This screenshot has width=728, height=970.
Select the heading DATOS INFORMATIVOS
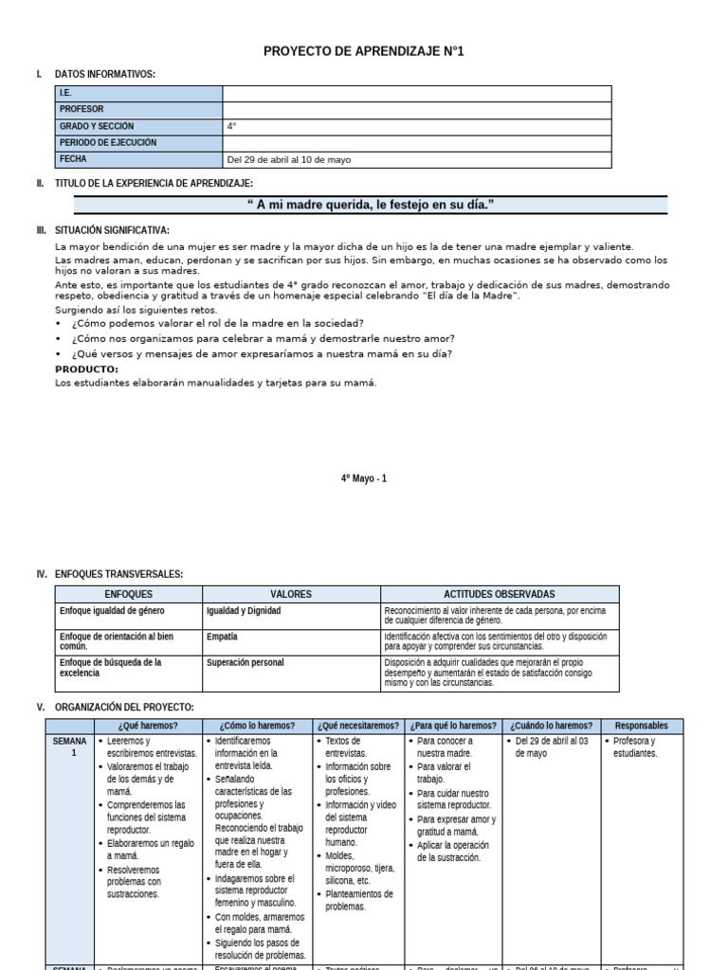[105, 74]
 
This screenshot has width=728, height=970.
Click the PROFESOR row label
[82, 109]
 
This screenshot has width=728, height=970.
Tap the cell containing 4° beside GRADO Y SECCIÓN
[231, 126]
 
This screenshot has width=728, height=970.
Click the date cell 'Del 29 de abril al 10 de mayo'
[288, 159]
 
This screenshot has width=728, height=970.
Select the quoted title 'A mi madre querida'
[371, 206]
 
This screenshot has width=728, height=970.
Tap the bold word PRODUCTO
[86, 368]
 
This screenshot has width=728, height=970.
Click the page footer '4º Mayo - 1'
[364, 478]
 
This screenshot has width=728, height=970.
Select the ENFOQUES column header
[128, 594]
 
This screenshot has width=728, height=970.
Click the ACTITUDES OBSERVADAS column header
[499, 594]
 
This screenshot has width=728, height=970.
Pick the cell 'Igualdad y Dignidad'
[244, 611]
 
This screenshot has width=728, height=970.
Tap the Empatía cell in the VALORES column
[222, 637]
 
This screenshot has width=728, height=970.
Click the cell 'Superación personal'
[245, 662]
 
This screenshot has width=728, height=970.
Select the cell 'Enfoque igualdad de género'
[112, 611]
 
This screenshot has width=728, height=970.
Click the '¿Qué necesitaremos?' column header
[359, 726]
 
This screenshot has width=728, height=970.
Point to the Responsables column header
[641, 726]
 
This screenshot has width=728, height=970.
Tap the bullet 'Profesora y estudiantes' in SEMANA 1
[634, 747]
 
